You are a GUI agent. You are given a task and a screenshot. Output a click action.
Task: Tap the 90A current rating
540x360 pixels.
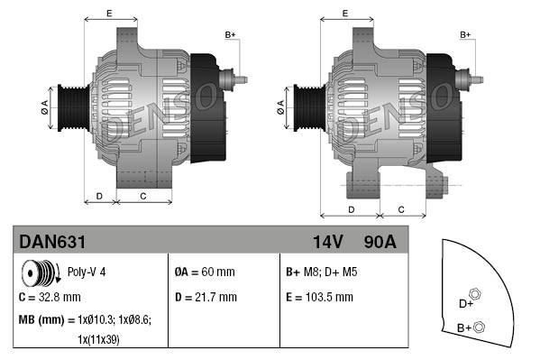380,243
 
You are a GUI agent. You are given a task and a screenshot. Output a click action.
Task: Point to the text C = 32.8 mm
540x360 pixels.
50,296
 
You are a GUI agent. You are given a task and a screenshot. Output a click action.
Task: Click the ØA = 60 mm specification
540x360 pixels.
205,272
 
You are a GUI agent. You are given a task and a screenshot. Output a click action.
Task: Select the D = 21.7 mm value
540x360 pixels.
206,296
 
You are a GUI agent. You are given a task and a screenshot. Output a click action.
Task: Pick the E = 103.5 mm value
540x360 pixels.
319,296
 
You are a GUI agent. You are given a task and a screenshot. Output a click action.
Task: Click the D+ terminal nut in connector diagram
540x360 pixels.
475,295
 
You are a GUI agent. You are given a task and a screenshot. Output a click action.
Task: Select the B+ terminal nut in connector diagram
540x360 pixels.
479,327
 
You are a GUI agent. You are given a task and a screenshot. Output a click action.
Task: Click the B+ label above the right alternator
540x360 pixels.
466,35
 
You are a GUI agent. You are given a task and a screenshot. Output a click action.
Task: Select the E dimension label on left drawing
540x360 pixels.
109,13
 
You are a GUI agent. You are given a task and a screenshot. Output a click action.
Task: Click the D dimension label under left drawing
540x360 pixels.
99,195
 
